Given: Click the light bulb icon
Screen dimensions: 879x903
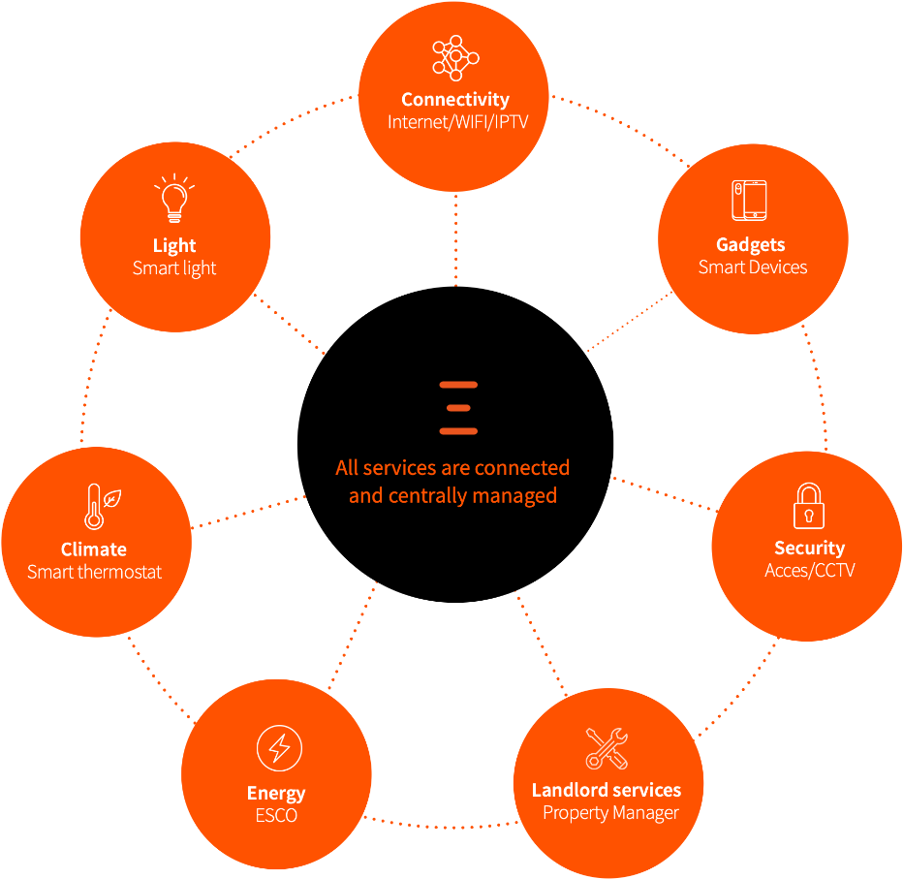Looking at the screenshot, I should (174, 200).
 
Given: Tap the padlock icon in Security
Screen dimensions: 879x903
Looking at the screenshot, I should (808, 505).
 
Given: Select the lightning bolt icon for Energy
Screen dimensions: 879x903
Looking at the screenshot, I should (278, 749).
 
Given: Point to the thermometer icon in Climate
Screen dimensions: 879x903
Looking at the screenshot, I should (96, 506).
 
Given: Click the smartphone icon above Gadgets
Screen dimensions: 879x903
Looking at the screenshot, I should (750, 201).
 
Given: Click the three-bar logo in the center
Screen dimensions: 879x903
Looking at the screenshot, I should (458, 408).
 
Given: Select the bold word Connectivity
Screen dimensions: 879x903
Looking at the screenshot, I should (455, 100).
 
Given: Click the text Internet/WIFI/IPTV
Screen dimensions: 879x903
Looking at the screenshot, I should (455, 122).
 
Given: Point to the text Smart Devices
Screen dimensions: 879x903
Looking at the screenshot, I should (753, 267).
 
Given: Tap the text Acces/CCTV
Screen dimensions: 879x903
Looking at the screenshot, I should (810, 571).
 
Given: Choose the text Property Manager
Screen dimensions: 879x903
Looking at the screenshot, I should (610, 813).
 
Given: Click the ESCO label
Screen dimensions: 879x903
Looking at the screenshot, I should (276, 816).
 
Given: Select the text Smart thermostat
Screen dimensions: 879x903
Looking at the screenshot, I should (95, 572).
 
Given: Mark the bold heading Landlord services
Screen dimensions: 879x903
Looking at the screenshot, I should (607, 790).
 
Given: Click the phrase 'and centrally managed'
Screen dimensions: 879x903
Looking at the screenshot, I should (452, 495).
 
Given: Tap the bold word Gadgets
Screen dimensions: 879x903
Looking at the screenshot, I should (751, 245).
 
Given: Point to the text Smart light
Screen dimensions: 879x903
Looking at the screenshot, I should (174, 268).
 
